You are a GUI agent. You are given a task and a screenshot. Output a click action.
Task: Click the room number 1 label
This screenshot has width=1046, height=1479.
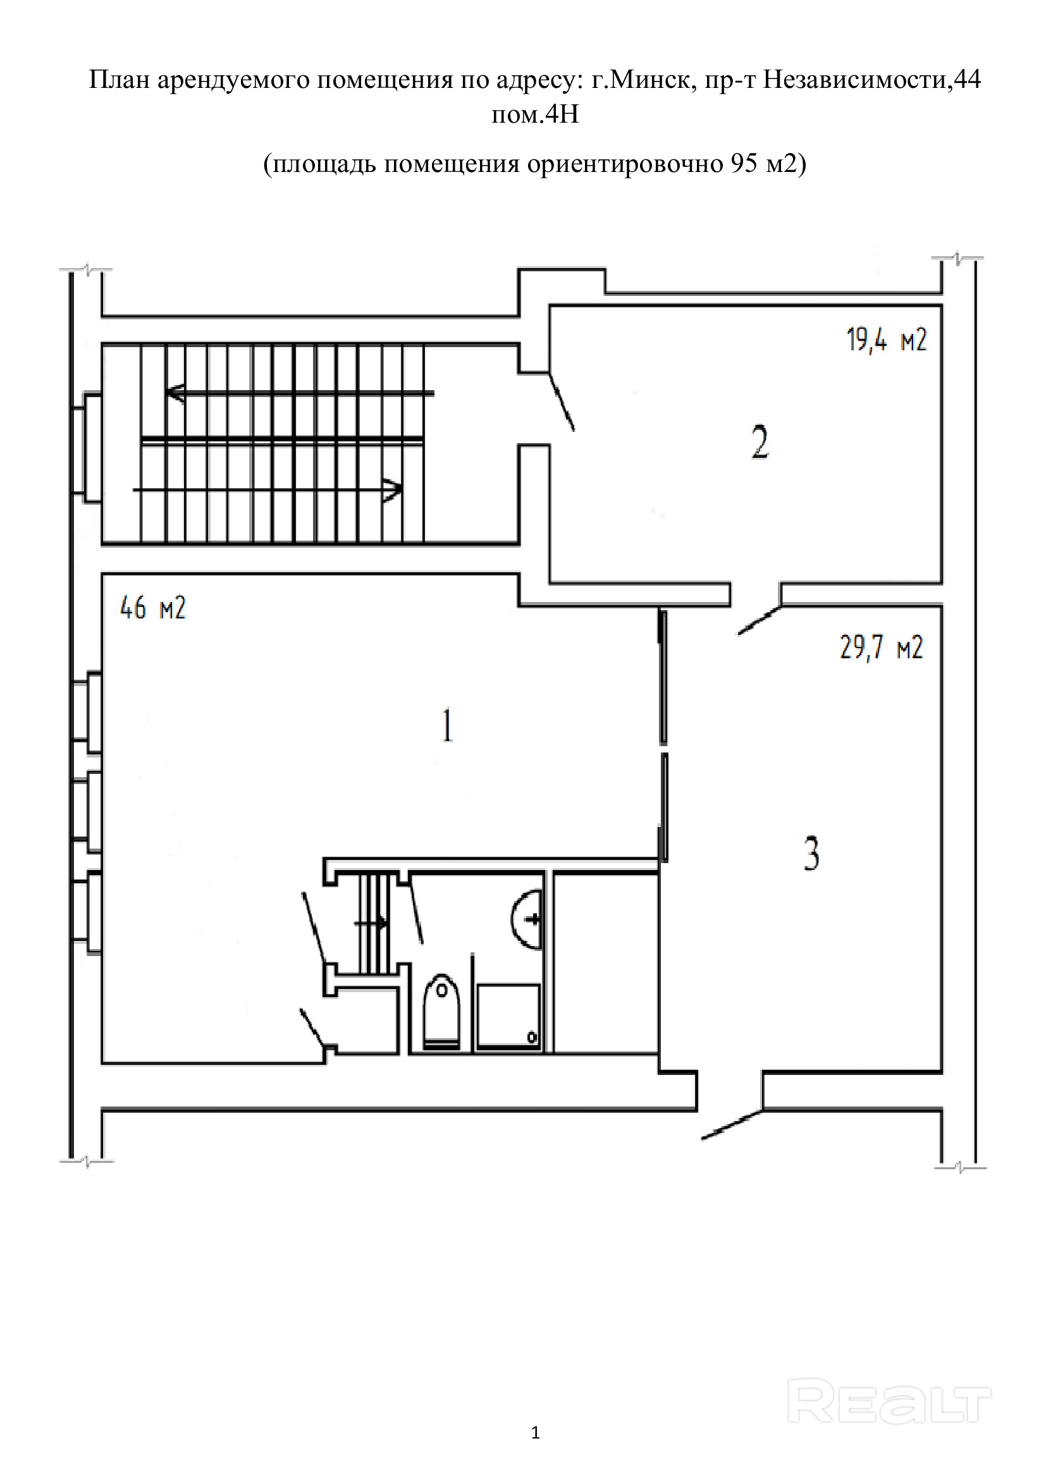pos(447,725)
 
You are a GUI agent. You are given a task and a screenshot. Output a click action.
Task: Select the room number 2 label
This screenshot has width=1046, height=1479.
pos(760,442)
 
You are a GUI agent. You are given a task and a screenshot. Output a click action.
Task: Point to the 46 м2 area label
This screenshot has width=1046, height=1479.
pos(152,608)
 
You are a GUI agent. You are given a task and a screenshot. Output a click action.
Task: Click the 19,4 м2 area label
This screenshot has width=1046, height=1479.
pos(886,340)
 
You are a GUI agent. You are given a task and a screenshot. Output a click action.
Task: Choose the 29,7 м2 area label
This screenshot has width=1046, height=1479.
pos(881,647)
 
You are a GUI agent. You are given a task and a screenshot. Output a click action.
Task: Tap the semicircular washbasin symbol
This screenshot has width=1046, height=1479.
pos(526,919)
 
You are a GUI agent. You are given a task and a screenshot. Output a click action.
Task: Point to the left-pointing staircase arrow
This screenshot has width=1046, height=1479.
pos(300,393)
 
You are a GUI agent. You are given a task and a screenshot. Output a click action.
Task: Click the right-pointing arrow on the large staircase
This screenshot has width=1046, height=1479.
pos(268,490)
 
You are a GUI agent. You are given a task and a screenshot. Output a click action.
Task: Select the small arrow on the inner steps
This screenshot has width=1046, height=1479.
pos(371,923)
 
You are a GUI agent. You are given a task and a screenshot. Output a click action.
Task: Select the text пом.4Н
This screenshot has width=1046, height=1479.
pos(535,114)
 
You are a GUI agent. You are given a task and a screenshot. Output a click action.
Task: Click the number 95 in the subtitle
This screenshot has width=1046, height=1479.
pos(743,164)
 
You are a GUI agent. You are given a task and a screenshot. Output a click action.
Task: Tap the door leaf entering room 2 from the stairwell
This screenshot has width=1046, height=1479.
pos(562,402)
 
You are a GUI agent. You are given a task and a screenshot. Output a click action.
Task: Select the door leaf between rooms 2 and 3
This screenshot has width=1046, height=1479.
pos(760,621)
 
